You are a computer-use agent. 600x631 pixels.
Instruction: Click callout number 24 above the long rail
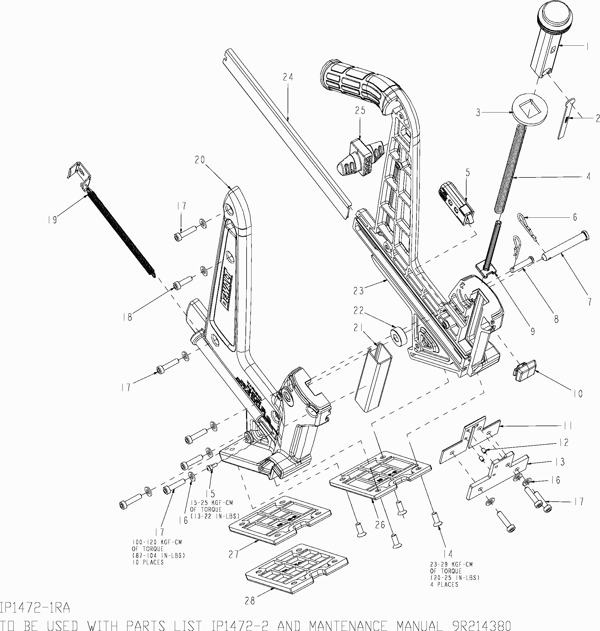click(288, 77)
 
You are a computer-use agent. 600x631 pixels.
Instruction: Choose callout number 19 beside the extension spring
click(52, 220)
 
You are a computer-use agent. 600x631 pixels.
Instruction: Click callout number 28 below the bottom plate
click(250, 601)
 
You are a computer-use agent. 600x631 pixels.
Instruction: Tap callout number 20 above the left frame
click(200, 160)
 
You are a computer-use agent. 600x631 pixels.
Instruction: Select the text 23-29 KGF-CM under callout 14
click(451, 564)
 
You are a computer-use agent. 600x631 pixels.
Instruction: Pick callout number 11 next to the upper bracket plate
click(568, 426)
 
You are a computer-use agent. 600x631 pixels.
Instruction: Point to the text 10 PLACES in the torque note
click(148, 562)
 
